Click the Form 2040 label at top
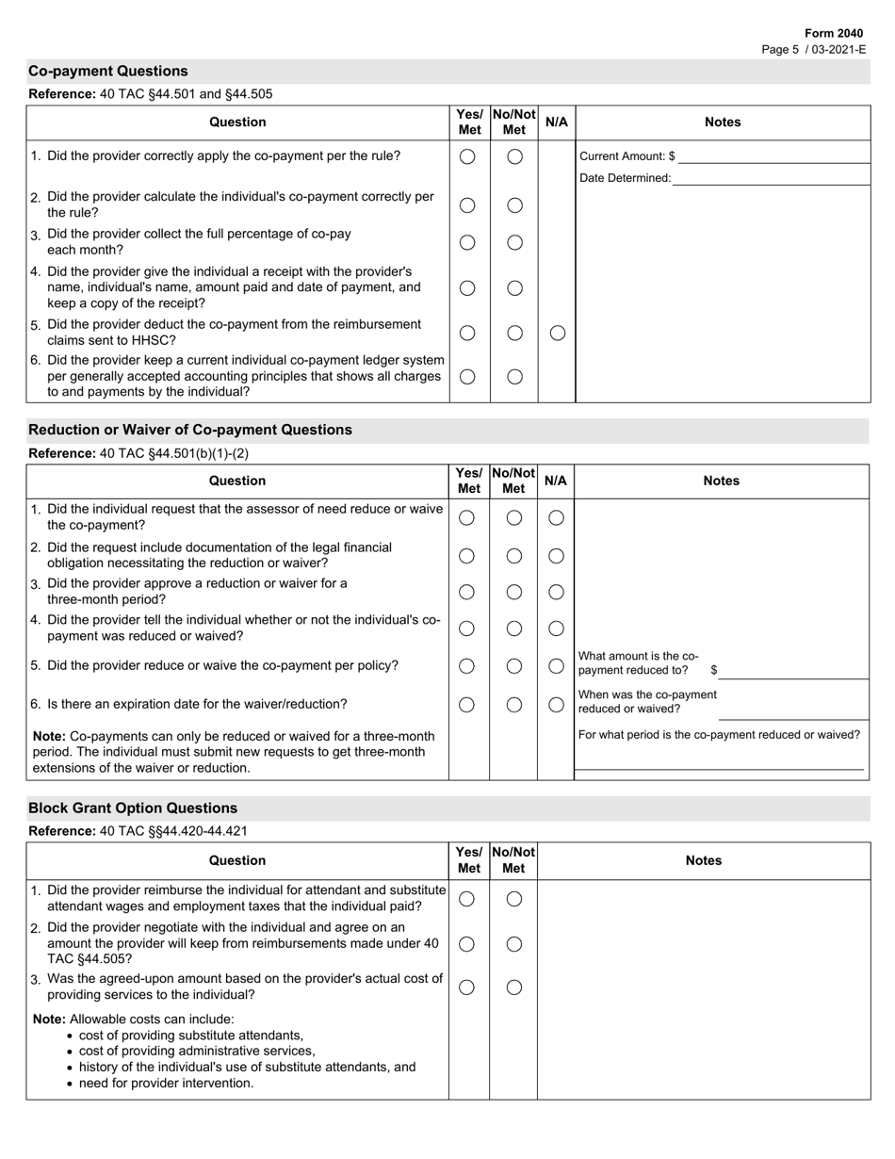click(833, 33)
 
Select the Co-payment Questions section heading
click(108, 72)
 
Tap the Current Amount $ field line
click(773, 155)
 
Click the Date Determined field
click(770, 177)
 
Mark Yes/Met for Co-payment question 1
click(467, 156)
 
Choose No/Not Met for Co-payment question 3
click(514, 242)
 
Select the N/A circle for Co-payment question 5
click(557, 333)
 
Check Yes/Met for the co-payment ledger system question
click(467, 376)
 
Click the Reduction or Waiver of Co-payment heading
click(190, 430)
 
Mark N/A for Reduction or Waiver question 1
click(556, 517)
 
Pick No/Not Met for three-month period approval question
click(514, 592)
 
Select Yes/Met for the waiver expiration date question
click(466, 704)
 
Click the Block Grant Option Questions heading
click(133, 808)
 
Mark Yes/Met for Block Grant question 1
click(466, 899)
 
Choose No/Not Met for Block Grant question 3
click(514, 987)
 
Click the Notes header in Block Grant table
click(703, 860)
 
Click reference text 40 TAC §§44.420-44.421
click(173, 831)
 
